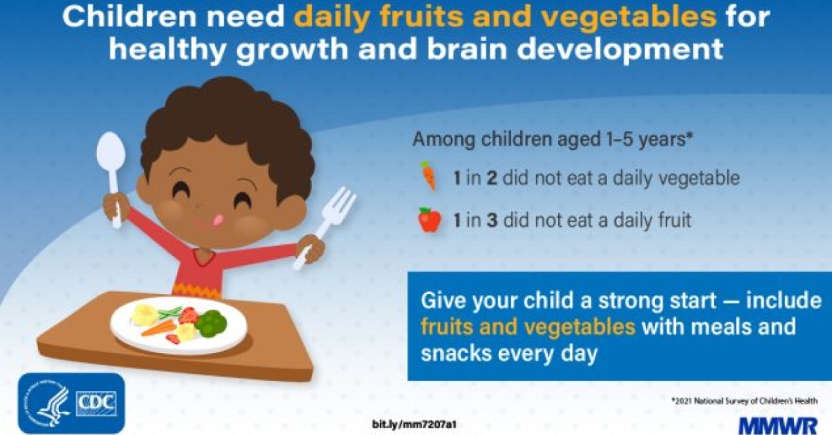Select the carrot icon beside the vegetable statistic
428,176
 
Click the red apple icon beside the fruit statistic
429,220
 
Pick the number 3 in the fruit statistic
490,221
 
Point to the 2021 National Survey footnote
745,400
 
